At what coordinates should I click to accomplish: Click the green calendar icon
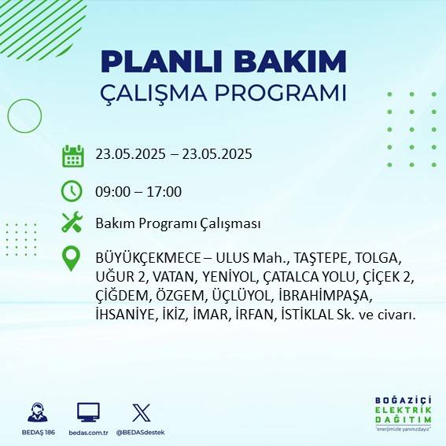pos(72,155)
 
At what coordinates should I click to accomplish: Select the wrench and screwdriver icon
pos(72,223)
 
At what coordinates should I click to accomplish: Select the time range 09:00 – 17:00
pos(138,191)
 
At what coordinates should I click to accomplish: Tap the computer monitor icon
pos(88,412)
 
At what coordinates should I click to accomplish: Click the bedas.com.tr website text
pos(88,433)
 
